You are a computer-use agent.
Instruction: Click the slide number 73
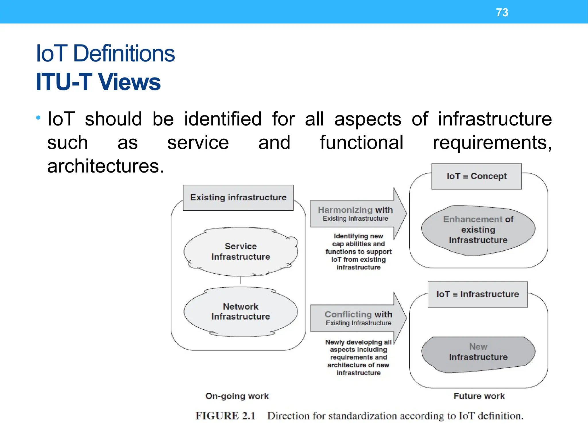click(x=502, y=13)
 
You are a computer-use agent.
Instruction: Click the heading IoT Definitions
click(x=105, y=54)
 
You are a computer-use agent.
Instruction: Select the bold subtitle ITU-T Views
click(x=98, y=82)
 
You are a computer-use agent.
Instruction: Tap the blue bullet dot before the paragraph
click(x=38, y=117)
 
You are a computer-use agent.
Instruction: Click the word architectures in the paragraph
click(x=105, y=166)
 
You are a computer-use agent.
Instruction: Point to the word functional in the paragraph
click(x=361, y=143)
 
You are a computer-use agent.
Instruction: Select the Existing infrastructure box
click(x=238, y=198)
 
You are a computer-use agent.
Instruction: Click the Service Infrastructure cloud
click(x=241, y=252)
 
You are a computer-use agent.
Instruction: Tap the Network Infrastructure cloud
click(x=241, y=312)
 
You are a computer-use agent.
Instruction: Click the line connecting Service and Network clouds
click(x=241, y=280)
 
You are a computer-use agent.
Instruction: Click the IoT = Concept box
click(x=477, y=176)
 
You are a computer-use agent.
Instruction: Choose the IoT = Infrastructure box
click(x=478, y=294)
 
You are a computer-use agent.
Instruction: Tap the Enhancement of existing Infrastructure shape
click(x=478, y=230)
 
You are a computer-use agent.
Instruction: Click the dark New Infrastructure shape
click(x=478, y=352)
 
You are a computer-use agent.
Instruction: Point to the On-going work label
click(x=237, y=396)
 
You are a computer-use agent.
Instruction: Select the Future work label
click(x=479, y=396)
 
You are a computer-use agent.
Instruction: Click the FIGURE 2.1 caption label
click(x=225, y=416)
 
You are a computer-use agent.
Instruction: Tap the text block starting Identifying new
click(x=358, y=252)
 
